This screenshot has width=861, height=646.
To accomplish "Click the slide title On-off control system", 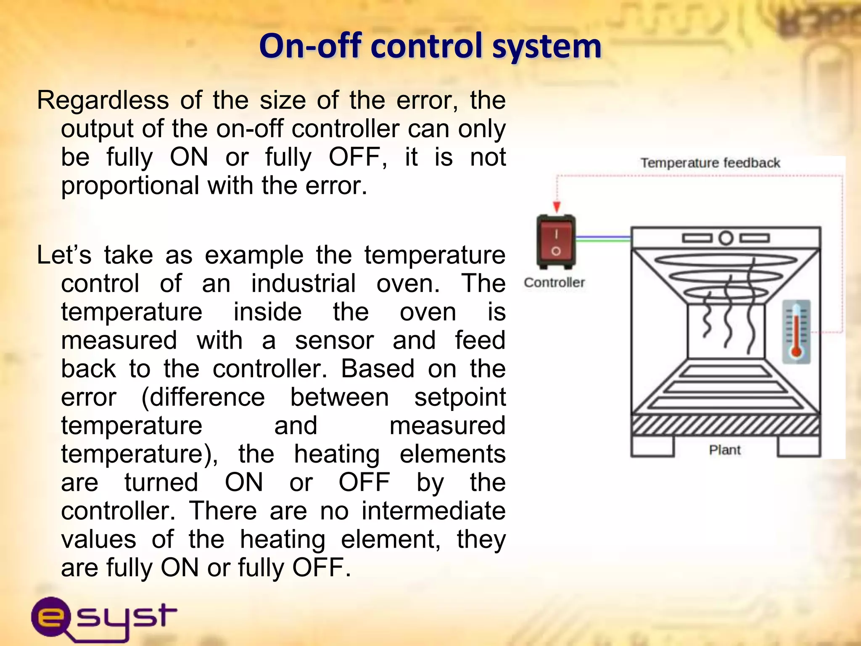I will point(430,46).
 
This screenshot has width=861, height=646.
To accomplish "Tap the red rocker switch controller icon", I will point(556,242).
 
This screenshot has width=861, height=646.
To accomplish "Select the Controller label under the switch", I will point(554,283).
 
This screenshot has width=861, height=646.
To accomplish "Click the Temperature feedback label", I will point(710,163).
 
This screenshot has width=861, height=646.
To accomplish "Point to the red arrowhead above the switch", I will point(557,207).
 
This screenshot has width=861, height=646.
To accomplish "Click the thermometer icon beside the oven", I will point(796,332).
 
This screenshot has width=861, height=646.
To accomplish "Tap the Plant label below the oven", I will point(724,450).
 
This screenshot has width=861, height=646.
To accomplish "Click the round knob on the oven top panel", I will point(726,238).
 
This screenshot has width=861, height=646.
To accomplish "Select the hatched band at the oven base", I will point(726,426).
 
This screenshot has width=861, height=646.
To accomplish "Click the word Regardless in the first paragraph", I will point(103,101).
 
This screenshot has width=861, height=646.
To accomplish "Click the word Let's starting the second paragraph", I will point(64,255).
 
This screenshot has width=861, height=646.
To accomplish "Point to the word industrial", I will point(303,283).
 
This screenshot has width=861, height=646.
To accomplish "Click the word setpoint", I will point(460,397).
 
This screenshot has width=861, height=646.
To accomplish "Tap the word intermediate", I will point(433,511).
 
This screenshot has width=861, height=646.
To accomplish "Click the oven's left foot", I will point(652,447).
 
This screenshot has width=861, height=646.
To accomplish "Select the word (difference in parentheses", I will point(203,397).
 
